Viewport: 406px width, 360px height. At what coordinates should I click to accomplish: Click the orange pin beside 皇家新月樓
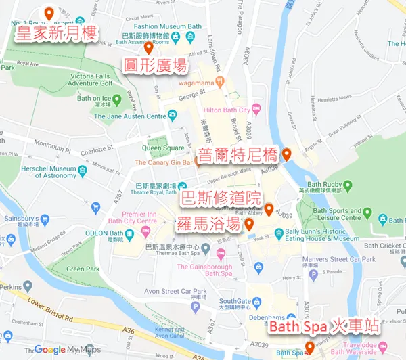tap(48, 13)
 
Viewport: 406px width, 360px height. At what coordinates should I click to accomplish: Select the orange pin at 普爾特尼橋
tap(287, 154)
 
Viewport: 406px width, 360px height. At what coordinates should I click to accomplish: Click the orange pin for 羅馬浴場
tap(249, 224)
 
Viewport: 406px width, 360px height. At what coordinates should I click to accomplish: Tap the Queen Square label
tap(163, 148)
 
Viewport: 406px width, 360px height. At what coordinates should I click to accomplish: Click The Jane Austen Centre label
tap(130, 116)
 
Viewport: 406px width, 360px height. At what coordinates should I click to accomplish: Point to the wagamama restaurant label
tap(201, 83)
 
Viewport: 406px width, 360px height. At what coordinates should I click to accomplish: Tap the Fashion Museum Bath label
tap(154, 26)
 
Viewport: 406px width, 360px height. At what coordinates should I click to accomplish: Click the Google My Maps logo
tap(68, 349)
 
